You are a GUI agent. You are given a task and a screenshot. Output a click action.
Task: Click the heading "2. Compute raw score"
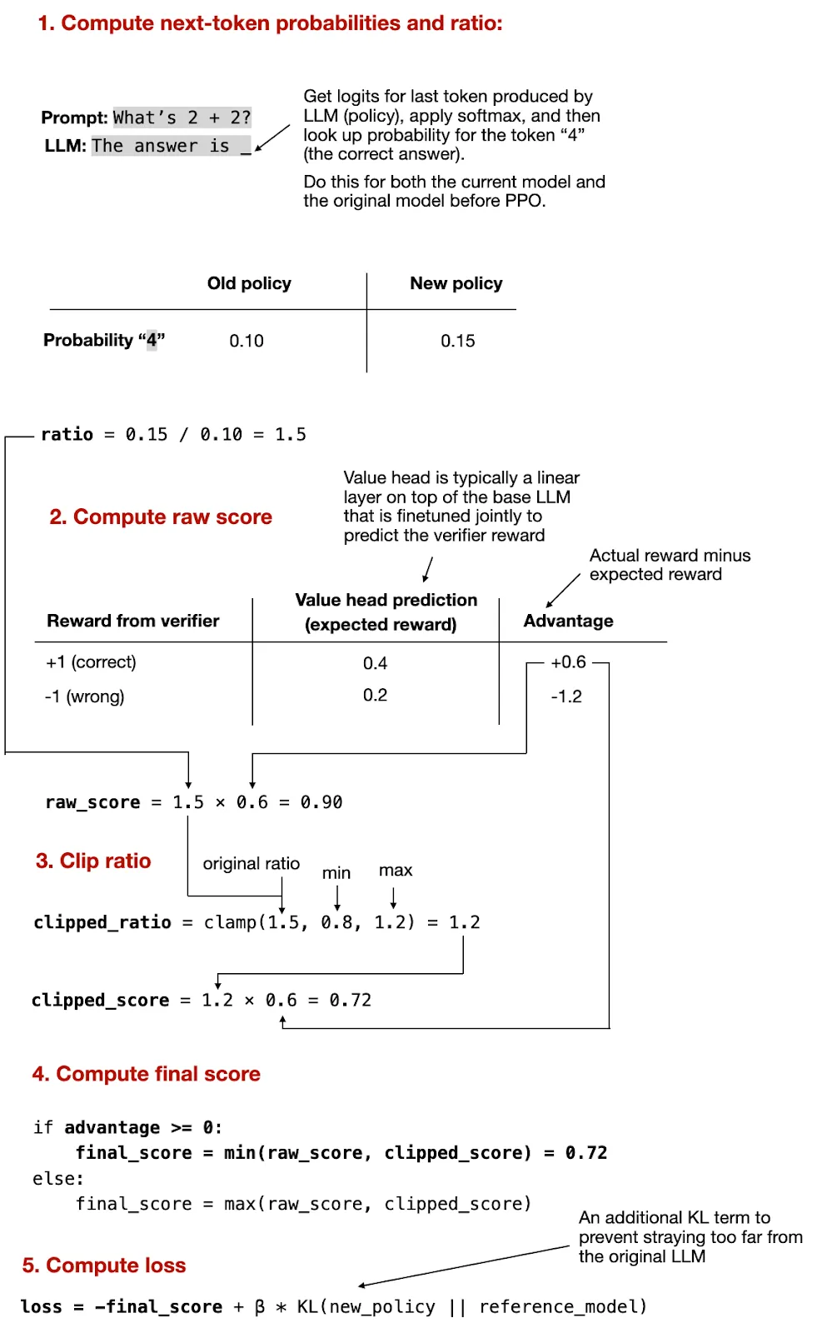161,517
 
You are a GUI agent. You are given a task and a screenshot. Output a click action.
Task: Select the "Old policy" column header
249,283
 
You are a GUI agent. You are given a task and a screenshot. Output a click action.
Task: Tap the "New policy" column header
456,283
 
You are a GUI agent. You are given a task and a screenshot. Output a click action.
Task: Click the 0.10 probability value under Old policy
247,341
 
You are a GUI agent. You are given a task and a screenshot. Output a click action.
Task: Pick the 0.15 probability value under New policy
457,341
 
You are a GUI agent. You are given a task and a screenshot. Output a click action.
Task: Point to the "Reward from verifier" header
133,621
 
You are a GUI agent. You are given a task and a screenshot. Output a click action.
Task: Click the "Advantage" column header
568,621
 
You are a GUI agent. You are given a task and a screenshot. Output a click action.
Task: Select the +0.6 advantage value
568,662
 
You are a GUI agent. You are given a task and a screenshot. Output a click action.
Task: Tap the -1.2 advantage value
566,696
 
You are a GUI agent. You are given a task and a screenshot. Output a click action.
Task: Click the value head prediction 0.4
375,663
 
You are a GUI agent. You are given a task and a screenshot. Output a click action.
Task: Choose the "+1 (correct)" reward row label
91,662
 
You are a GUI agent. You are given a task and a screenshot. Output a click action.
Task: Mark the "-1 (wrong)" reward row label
85,696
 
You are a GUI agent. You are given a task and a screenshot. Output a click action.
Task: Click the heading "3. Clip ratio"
93,861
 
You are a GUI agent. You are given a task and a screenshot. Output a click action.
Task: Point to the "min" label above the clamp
336,873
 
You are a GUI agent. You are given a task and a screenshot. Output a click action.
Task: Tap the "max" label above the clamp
396,871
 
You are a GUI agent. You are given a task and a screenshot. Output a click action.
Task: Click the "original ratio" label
251,864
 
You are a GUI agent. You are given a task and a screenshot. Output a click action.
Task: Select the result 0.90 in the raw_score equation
321,802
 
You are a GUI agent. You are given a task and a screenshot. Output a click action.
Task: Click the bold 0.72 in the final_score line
586,1153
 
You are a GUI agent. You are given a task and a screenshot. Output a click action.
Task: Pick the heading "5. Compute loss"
104,1266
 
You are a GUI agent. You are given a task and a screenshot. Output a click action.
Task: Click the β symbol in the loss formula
259,1307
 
